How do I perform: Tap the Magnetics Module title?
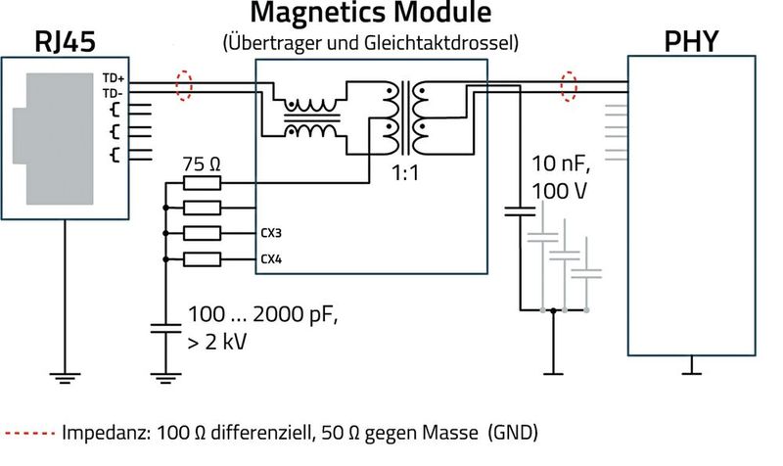coord(369,14)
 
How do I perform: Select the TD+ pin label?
coord(112,76)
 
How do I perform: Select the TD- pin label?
coord(112,91)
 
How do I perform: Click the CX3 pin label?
coord(271,234)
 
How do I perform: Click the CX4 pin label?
coord(271,259)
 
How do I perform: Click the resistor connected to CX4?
coord(203,259)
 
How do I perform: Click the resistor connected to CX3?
coord(203,234)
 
